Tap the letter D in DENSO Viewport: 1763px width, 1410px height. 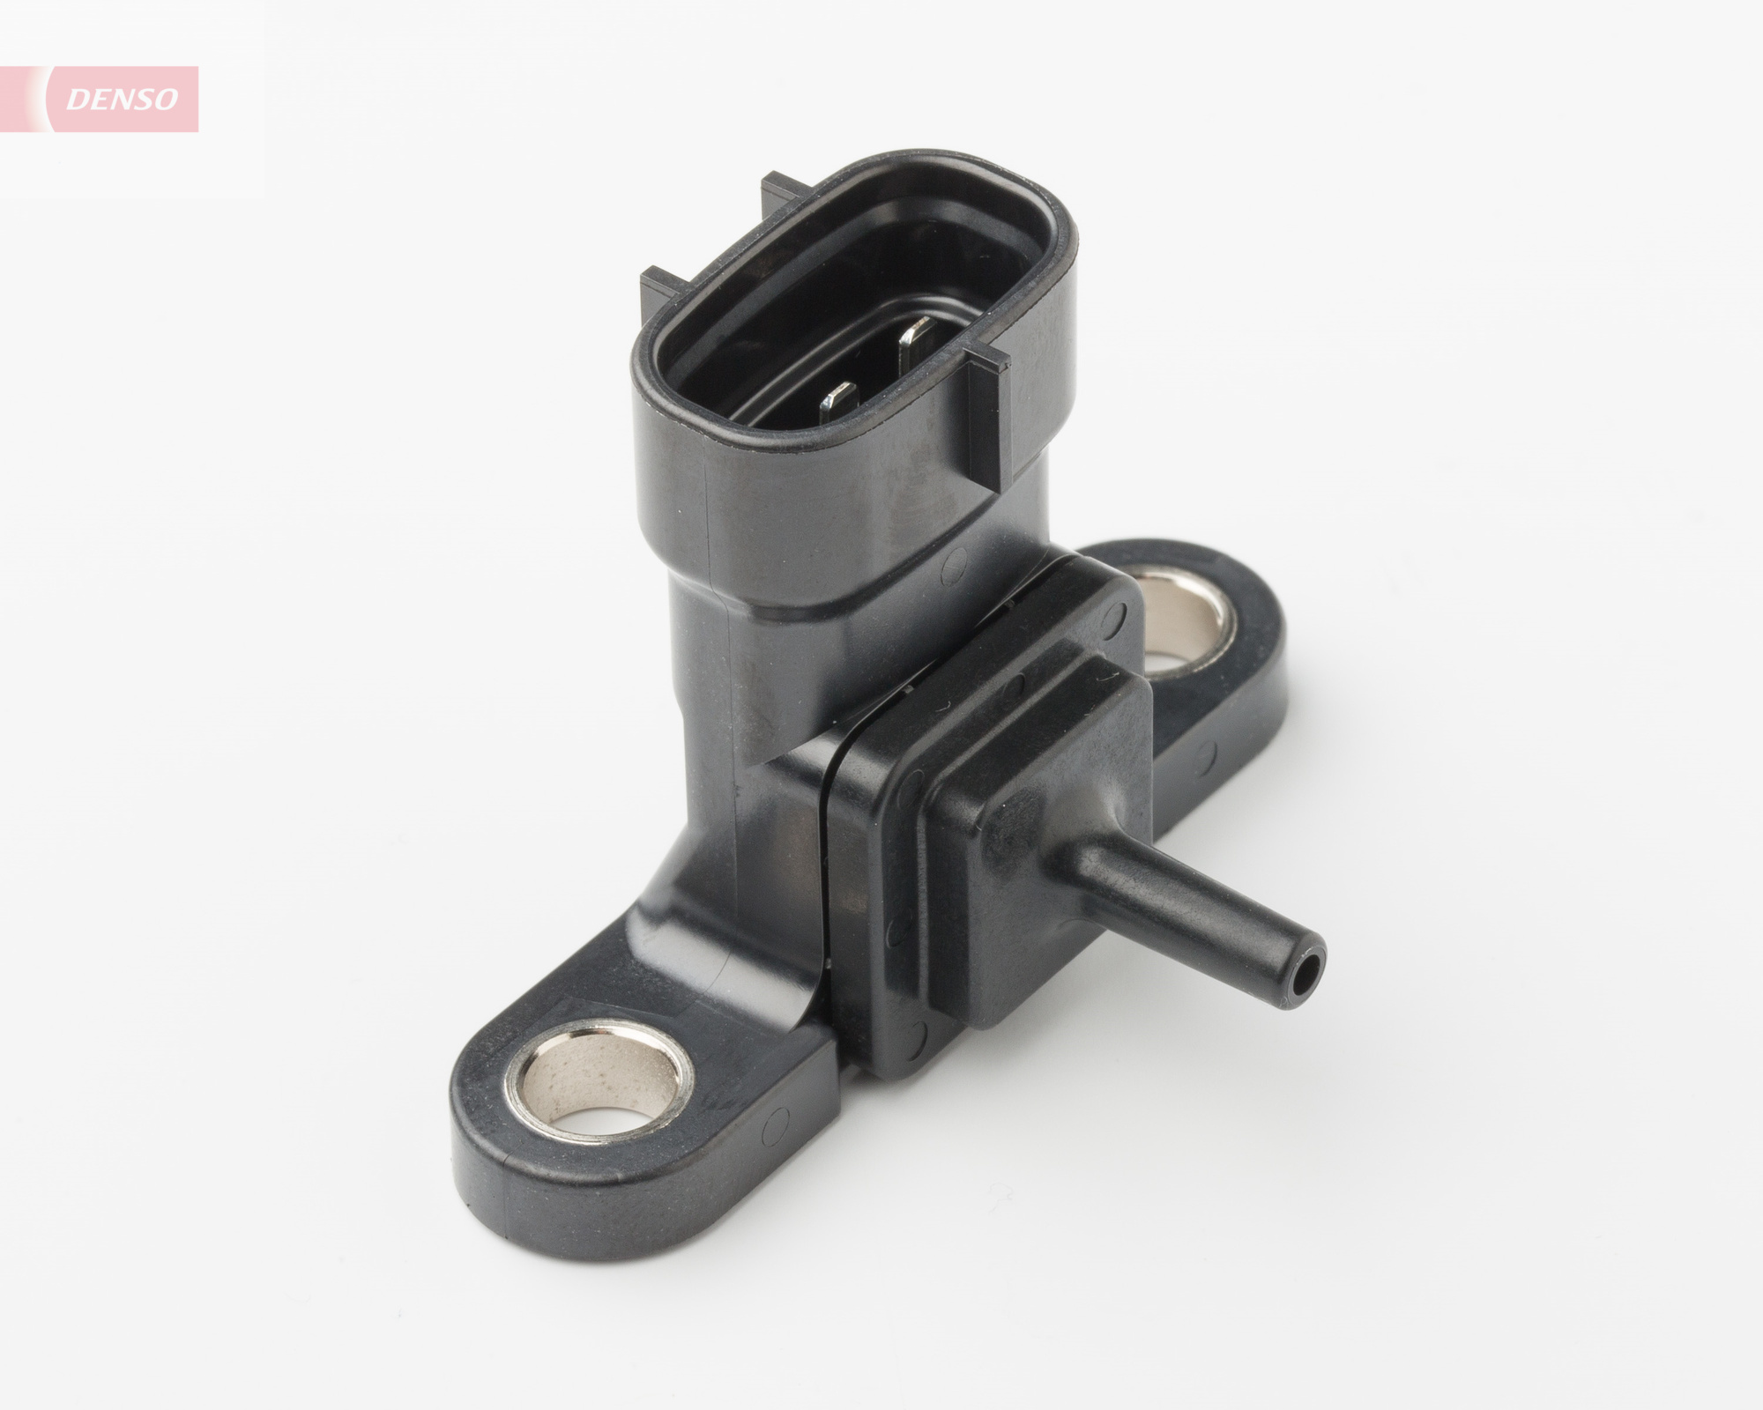[x=78, y=100]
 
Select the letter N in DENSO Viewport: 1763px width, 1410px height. [x=121, y=100]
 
